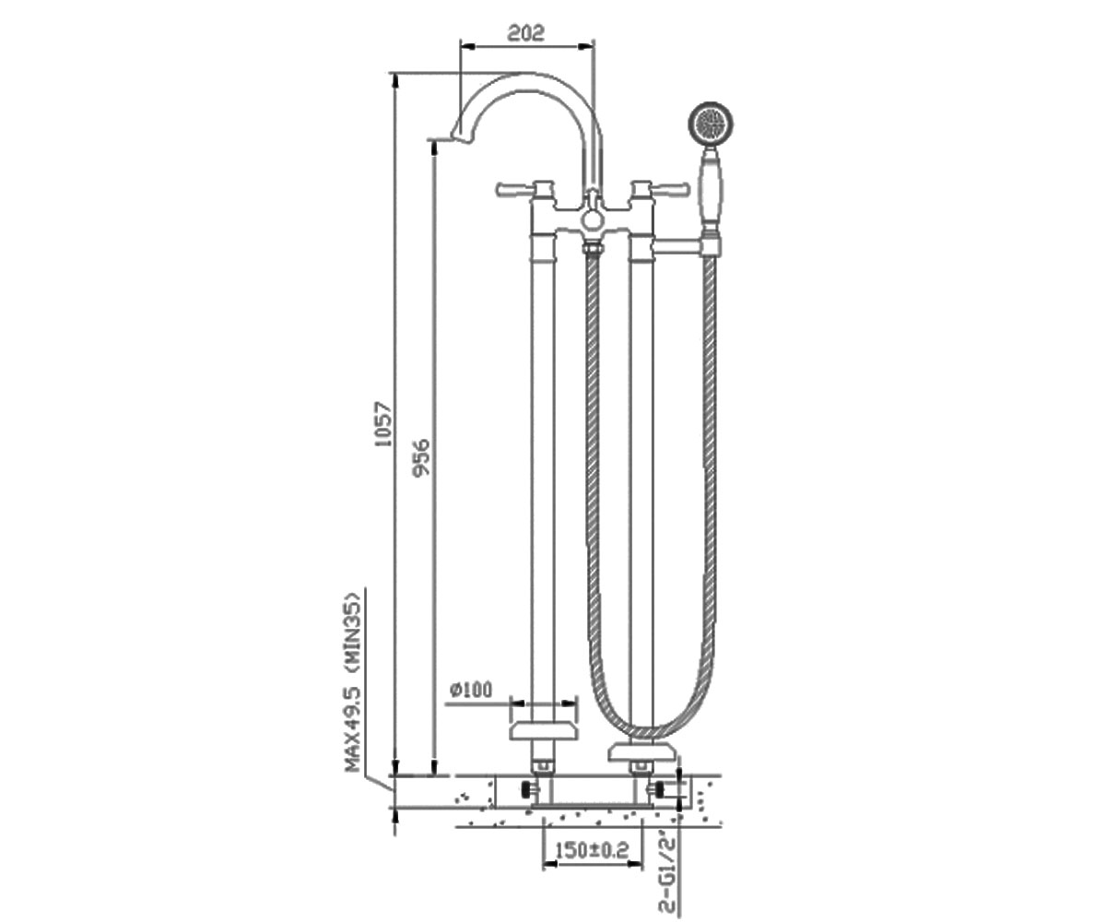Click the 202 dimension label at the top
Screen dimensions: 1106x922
(526, 33)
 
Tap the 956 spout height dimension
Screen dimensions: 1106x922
(422, 456)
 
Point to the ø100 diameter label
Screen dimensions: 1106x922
(471, 690)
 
